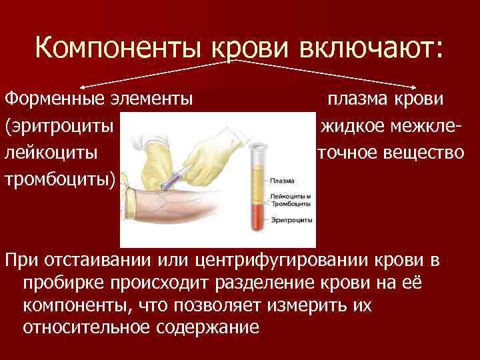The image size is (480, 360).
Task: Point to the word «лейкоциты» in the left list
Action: click(53, 152)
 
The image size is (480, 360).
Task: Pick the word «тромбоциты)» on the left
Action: click(59, 179)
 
